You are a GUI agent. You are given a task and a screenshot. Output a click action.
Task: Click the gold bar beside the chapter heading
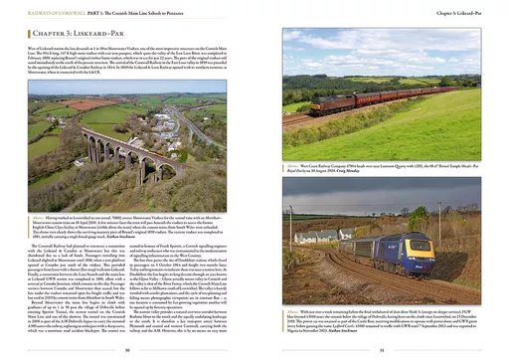(x=29, y=33)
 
